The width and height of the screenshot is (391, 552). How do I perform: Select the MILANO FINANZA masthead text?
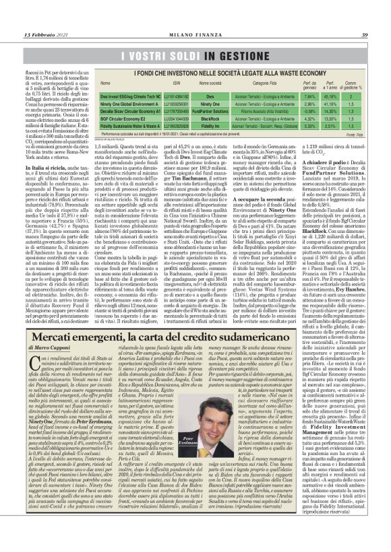pyautogui.click(x=196, y=16)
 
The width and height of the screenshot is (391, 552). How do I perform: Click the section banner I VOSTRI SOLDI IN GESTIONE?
pyautogui.click(x=195, y=53)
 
